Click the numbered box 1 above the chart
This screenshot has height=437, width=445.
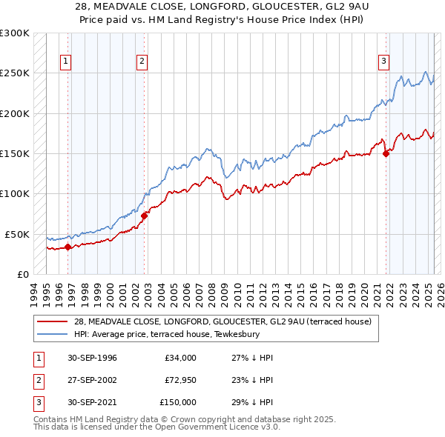click(x=66, y=61)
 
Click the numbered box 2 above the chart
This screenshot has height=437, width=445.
click(x=142, y=61)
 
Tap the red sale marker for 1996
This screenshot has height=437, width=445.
click(x=67, y=247)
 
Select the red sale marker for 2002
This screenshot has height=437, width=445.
click(x=145, y=216)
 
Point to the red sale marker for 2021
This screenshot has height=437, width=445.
click(x=386, y=154)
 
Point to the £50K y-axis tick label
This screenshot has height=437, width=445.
click(x=18, y=234)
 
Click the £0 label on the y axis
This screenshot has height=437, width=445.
click(x=23, y=274)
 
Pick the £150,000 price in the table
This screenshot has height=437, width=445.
click(x=178, y=402)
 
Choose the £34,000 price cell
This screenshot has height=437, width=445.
click(x=181, y=358)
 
